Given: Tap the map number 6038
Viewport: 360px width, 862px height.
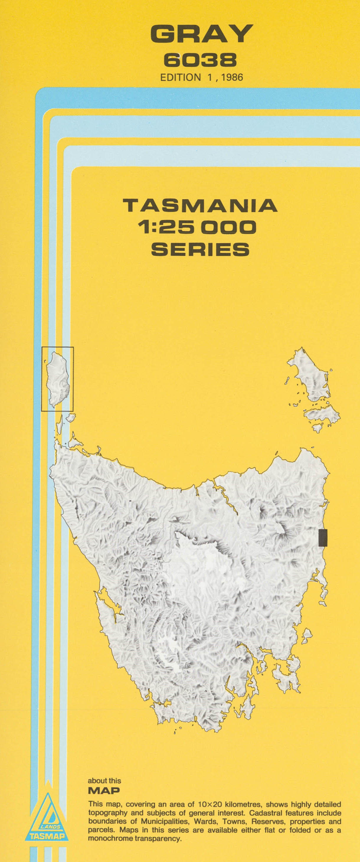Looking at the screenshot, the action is pos(200,60).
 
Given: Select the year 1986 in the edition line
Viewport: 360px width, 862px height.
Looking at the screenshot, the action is pos(232,77).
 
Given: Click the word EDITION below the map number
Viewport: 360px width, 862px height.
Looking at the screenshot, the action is pos(180,77).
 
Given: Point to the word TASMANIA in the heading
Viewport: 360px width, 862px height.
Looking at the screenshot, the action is pos(200,205).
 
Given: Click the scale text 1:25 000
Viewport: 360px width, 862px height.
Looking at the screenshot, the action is pos(197,227).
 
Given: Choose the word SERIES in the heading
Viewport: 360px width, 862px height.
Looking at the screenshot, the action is pos(200,249).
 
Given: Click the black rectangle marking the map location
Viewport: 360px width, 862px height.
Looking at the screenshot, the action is pos(323,538).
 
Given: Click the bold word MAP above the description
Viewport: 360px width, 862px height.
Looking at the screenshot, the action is pos(104,791).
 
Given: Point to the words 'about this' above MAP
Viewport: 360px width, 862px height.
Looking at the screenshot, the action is pos(104,781).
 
